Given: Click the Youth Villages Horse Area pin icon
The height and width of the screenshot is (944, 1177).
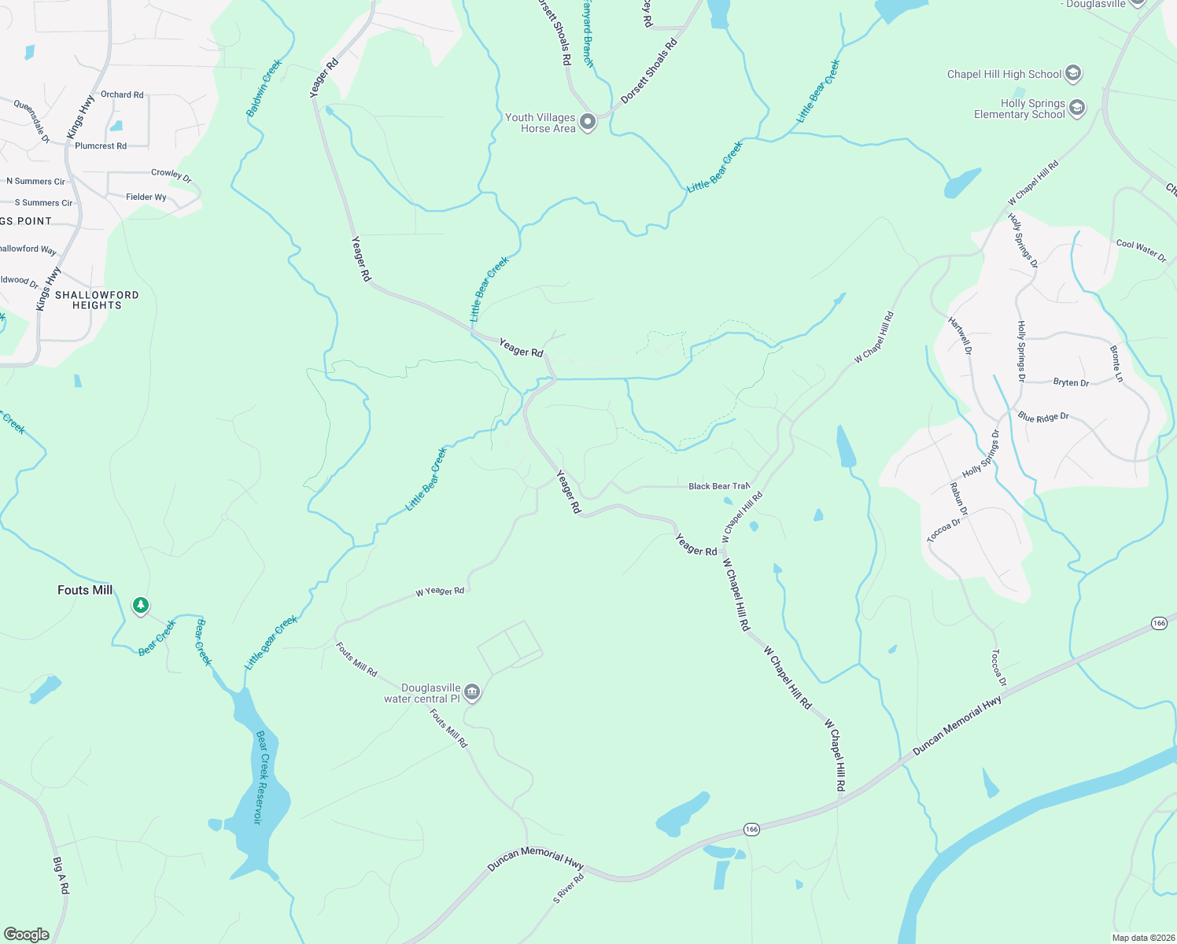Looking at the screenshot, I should (x=588, y=122).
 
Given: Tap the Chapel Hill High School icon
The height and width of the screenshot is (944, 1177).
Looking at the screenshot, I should (x=1073, y=74).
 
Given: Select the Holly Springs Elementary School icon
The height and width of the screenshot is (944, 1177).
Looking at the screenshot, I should (x=1077, y=108).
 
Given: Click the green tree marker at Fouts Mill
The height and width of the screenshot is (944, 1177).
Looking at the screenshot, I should (x=141, y=605).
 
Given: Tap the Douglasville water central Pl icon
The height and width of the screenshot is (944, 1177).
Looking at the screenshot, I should (x=472, y=692).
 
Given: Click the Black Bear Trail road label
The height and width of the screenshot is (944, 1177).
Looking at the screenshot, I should (x=718, y=486).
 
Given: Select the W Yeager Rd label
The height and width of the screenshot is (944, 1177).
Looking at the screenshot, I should (x=440, y=591).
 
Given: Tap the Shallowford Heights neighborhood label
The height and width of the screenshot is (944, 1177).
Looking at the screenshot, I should (x=97, y=300).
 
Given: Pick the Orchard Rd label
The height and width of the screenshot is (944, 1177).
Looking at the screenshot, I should (x=122, y=94).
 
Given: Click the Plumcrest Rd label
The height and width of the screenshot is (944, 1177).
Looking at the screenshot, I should (x=101, y=146).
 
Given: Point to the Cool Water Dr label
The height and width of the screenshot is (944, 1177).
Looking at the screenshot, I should (x=1141, y=249).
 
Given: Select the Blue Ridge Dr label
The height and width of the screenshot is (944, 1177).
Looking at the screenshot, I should (x=1043, y=417).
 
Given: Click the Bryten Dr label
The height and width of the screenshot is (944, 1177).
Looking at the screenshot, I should (x=1071, y=382).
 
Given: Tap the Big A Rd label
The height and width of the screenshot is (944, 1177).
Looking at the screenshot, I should (x=61, y=876).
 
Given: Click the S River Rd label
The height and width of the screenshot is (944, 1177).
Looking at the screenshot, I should (x=568, y=888).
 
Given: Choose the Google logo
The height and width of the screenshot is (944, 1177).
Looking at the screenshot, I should (x=26, y=934).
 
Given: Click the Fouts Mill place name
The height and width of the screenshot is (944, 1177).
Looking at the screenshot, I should (x=85, y=590).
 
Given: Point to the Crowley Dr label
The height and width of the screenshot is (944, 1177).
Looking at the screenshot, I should (x=171, y=175).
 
